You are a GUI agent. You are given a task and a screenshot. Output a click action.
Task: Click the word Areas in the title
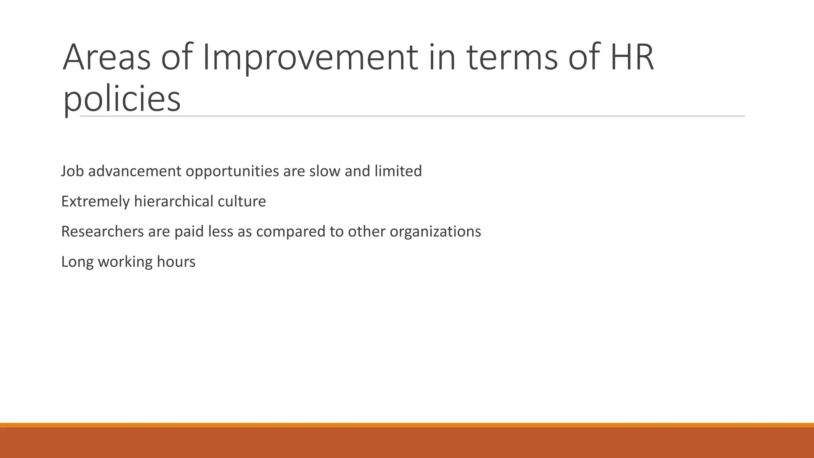click(107, 58)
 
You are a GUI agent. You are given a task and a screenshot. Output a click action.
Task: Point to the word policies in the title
click(122, 99)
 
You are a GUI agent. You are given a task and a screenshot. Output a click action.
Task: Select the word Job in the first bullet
click(72, 171)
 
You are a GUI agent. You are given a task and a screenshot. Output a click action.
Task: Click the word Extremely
click(95, 202)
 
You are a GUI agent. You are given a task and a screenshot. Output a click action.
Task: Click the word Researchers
click(103, 232)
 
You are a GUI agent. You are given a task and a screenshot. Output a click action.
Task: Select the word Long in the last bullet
click(77, 262)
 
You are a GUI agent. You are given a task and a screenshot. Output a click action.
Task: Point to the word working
click(125, 262)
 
